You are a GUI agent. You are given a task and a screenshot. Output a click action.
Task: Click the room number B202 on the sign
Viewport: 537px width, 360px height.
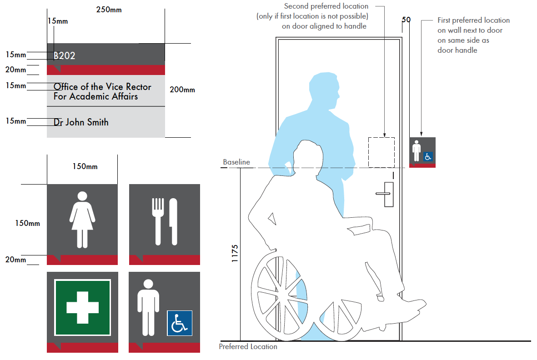65,55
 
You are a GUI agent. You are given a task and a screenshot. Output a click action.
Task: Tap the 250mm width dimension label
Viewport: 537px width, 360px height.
109,10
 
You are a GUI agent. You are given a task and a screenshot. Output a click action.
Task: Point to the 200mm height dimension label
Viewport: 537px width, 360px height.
182,90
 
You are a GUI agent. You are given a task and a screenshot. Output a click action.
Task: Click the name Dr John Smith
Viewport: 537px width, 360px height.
81,122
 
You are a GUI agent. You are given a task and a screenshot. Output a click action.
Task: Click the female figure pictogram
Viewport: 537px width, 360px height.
82,220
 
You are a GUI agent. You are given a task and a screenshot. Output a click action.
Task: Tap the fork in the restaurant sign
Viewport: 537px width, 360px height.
158,221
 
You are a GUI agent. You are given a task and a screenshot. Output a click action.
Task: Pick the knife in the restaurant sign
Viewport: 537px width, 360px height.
173,221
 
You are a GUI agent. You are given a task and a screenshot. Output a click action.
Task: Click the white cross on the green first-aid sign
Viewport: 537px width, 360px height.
83,307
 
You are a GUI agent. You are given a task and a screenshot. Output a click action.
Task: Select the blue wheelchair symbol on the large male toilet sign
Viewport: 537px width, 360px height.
180,323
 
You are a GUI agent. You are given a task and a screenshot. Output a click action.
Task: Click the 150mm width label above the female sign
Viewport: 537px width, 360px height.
85,167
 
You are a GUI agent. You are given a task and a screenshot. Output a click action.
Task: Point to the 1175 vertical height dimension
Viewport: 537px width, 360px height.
235,254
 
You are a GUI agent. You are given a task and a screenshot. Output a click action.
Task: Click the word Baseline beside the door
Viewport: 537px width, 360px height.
236,162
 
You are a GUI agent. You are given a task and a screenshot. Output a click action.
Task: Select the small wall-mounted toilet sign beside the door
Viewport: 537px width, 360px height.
422,152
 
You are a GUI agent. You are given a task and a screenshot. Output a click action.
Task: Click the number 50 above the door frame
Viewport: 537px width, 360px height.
406,20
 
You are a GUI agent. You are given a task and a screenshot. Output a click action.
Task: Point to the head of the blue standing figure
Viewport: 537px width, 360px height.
324,90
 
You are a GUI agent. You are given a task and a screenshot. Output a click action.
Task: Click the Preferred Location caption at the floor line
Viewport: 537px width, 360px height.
248,347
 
